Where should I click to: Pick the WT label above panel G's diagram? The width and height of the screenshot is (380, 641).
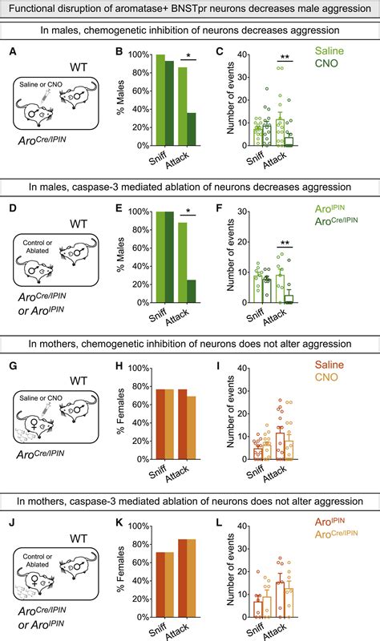(x=69, y=374)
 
